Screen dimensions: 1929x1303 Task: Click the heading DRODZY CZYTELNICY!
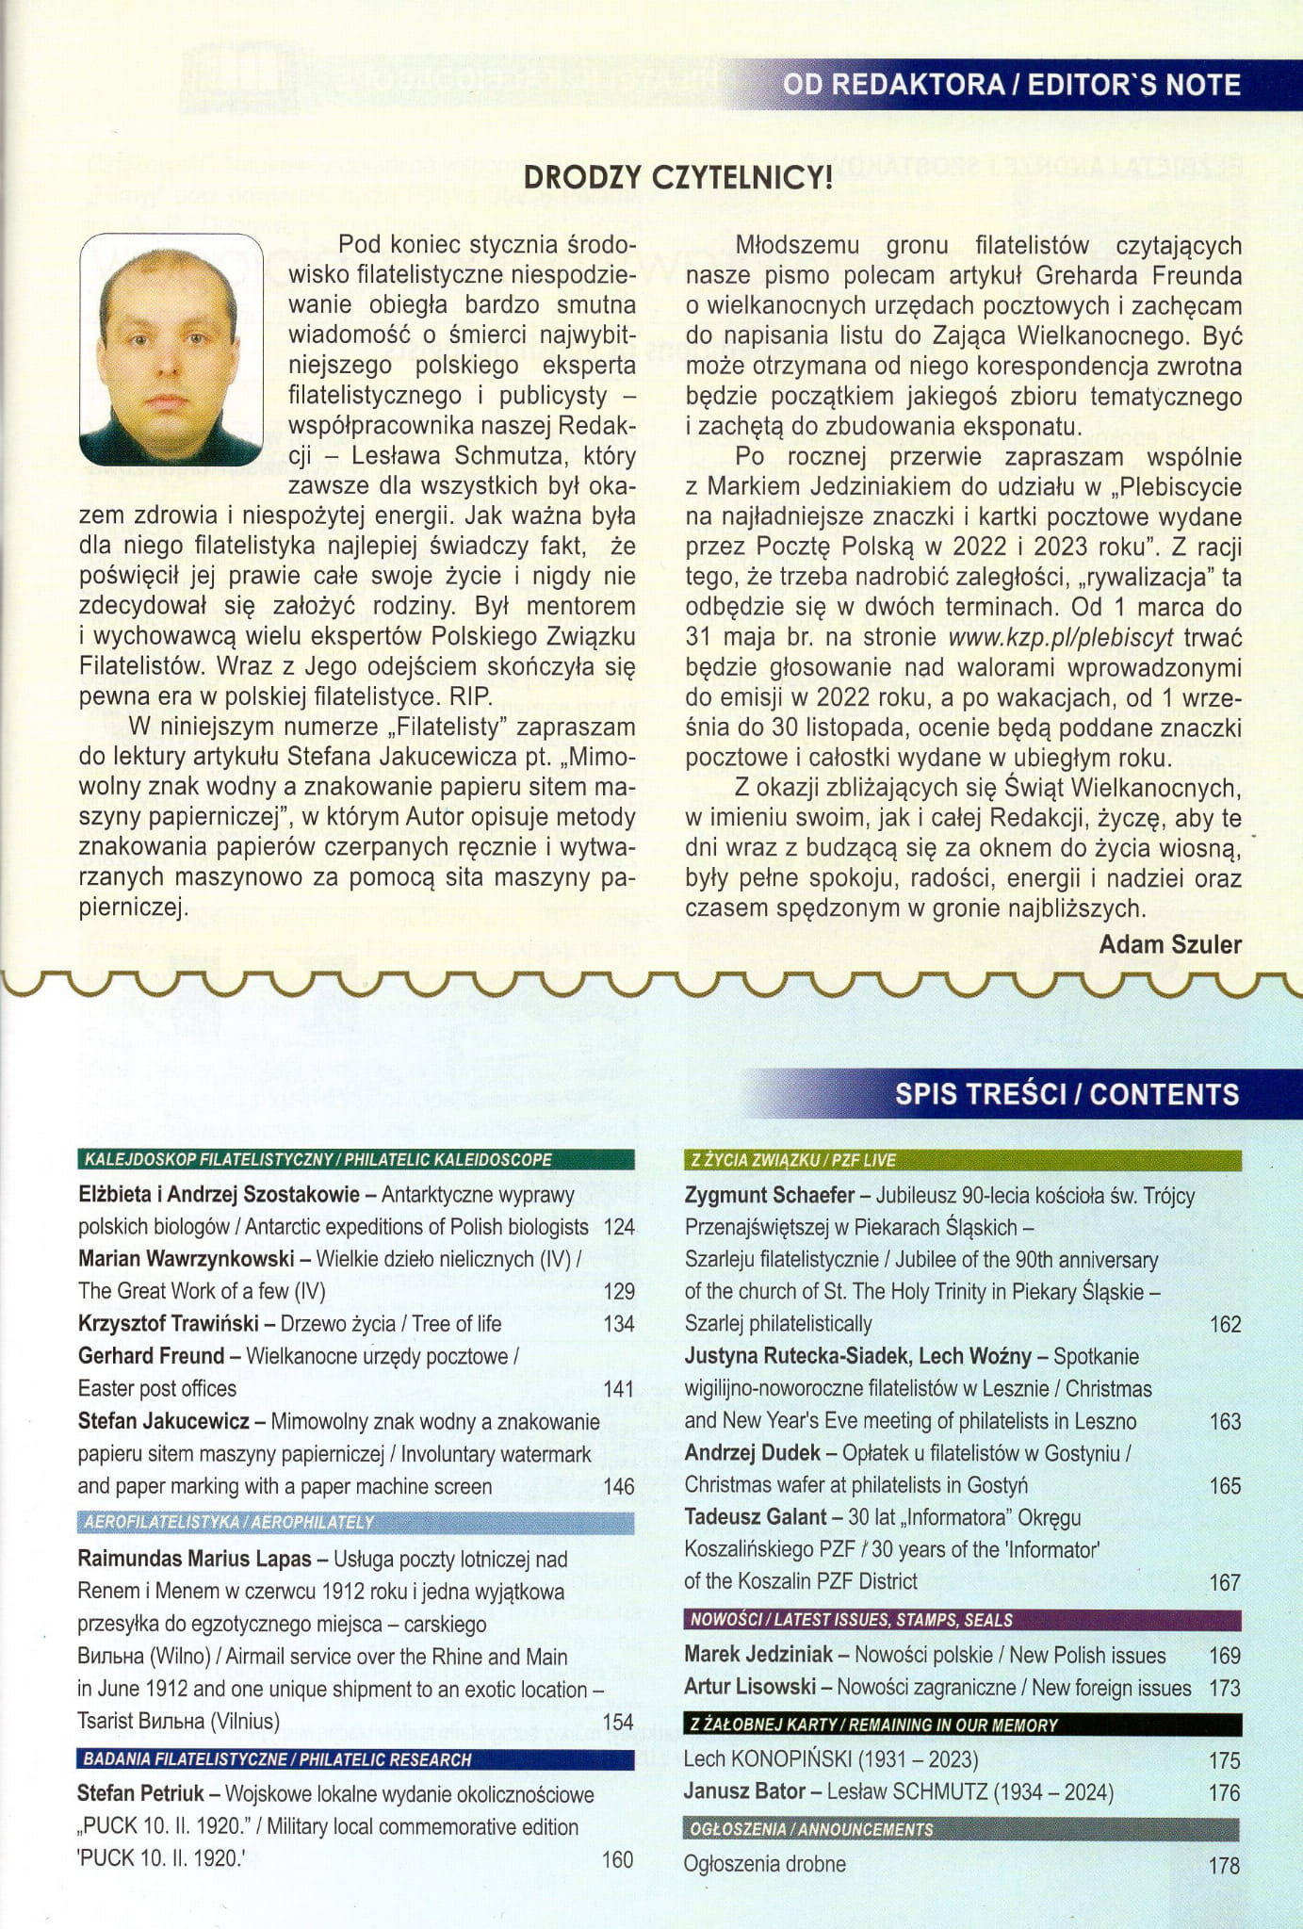click(677, 177)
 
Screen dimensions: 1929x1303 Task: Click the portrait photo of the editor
click(171, 350)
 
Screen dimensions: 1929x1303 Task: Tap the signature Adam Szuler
click(1170, 944)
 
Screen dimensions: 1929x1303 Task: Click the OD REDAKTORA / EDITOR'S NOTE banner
click(1011, 86)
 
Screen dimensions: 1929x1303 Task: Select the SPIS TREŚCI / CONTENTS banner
click(1067, 1094)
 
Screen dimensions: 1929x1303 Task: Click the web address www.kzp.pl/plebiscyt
click(1061, 638)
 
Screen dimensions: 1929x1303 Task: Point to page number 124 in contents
click(618, 1227)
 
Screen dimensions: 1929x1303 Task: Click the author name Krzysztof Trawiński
click(168, 1324)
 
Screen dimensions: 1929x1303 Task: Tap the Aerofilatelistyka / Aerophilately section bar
click(356, 1522)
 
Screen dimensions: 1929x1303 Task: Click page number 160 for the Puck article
click(617, 1859)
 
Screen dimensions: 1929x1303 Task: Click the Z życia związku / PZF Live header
click(962, 1160)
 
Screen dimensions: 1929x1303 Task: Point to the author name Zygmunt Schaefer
click(770, 1196)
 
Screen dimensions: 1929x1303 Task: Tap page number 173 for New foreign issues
click(1224, 1688)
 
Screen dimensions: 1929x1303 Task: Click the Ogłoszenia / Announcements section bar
click(962, 1829)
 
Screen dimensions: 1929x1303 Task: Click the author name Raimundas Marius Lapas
click(194, 1560)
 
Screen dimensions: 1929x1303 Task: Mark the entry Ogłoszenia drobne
click(765, 1863)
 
